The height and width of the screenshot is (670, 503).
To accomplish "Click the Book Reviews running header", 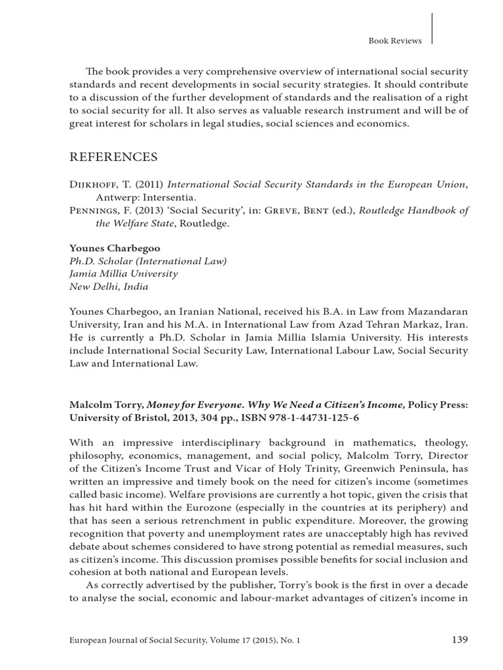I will pyautogui.click(x=396, y=41).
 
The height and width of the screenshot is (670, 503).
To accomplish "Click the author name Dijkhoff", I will pyautogui.click(x=93, y=185).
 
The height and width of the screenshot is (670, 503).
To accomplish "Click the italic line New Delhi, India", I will pyautogui.click(x=109, y=286).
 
